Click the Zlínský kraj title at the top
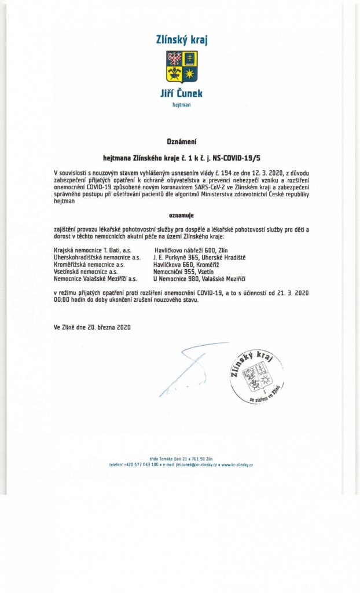[x=182, y=39]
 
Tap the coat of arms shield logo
[x=182, y=67]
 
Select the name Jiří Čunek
[x=181, y=93]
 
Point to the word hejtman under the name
[x=181, y=105]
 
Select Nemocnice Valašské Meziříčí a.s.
[x=95, y=279]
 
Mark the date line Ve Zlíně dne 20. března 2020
[x=92, y=327]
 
